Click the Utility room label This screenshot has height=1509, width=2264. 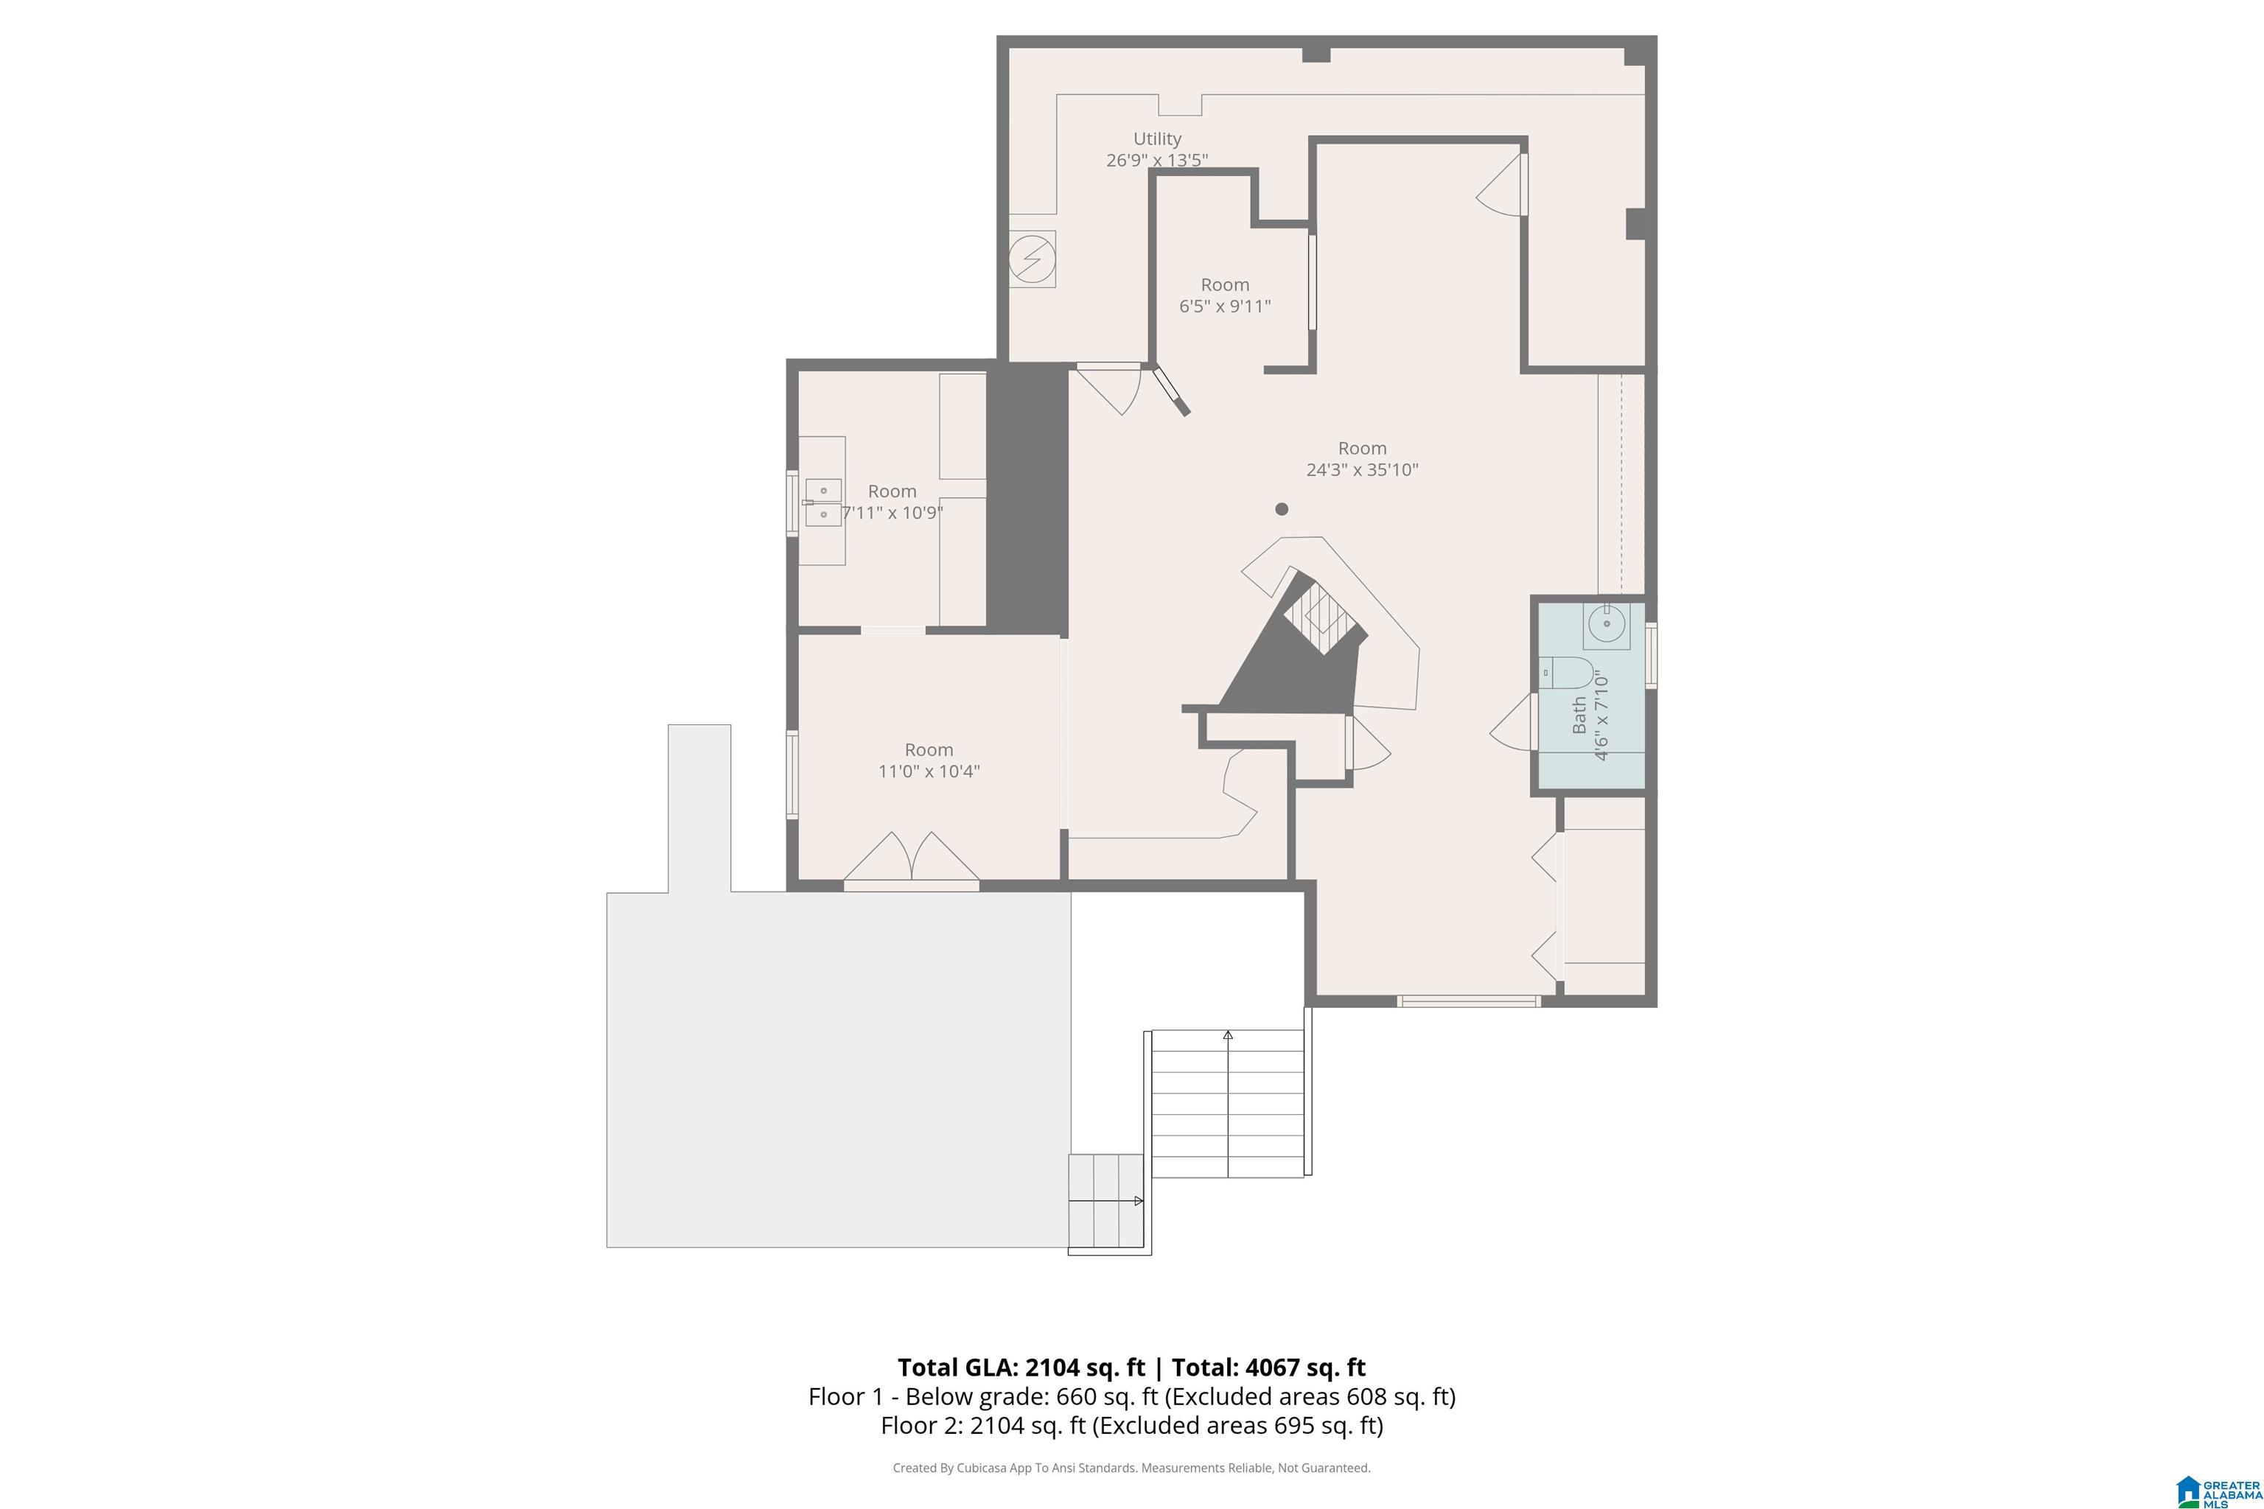pos(1157,139)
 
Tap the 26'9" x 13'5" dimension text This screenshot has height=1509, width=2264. pos(1157,160)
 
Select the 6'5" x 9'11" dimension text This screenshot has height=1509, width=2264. pos(1226,306)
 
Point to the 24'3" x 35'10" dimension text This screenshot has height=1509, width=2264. pos(1362,469)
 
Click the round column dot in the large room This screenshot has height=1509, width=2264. pos(1281,509)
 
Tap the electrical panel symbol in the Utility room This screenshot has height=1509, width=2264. pos(1032,259)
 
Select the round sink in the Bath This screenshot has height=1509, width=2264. pos(1607,623)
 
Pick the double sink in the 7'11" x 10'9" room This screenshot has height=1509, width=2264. pos(824,503)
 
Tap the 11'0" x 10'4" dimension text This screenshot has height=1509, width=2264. pos(929,771)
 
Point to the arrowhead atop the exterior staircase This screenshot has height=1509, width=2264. pos(1229,1035)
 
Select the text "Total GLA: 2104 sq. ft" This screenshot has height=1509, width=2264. pos(1021,1368)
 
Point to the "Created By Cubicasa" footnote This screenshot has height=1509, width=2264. pos(1131,1468)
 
